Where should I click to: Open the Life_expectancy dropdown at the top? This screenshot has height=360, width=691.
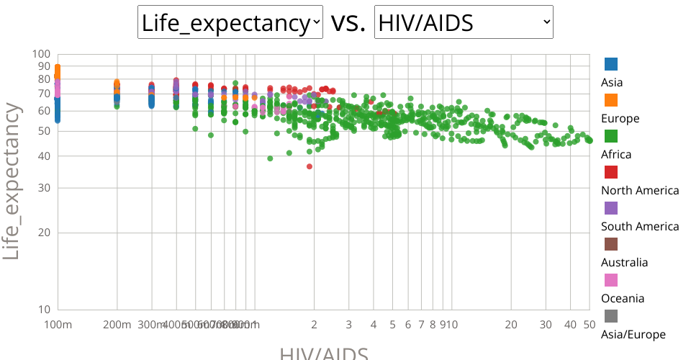click(230, 23)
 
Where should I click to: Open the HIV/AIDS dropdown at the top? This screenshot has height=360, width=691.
click(464, 23)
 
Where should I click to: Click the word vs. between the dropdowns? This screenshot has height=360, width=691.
click(348, 23)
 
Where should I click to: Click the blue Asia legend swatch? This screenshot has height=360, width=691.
click(611, 64)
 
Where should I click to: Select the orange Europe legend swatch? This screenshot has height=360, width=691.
click(611, 100)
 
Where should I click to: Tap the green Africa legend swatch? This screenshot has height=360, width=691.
click(611, 136)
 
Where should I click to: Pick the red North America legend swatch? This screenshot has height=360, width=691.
click(611, 172)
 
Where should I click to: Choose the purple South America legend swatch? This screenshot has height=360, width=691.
click(611, 208)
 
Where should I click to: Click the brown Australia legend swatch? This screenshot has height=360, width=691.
click(611, 244)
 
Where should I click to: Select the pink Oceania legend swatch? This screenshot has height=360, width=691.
click(611, 280)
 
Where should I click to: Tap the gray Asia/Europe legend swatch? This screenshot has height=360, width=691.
click(611, 316)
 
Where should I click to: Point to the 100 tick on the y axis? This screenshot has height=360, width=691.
click(42, 54)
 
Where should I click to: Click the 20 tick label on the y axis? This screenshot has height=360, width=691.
click(44, 233)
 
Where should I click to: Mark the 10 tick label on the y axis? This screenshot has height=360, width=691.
click(44, 310)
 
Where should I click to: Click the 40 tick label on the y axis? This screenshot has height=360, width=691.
click(44, 156)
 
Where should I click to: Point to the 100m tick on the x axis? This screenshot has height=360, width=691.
click(58, 325)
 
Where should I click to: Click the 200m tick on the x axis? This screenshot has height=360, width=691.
click(117, 325)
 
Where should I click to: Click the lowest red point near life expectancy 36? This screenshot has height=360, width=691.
click(310, 166)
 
